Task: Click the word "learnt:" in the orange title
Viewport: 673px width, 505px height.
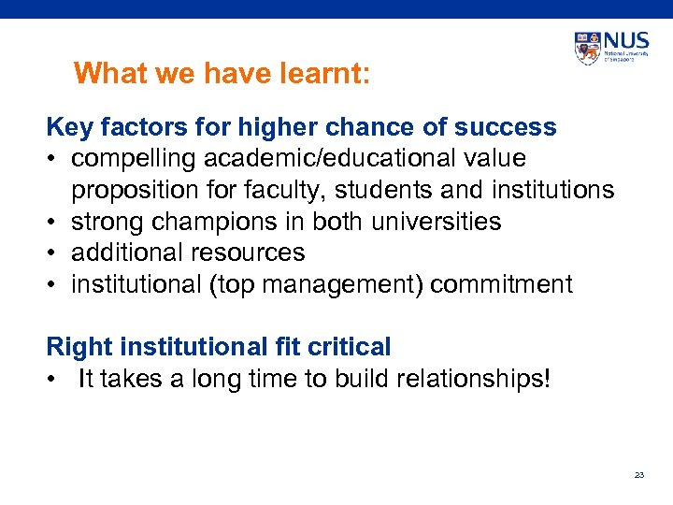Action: click(x=324, y=73)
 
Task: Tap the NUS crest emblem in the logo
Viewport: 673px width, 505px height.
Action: click(x=588, y=49)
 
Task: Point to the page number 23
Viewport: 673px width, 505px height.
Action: click(x=639, y=475)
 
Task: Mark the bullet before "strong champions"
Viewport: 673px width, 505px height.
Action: click(x=53, y=223)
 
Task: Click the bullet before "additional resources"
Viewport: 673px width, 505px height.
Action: click(x=53, y=253)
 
